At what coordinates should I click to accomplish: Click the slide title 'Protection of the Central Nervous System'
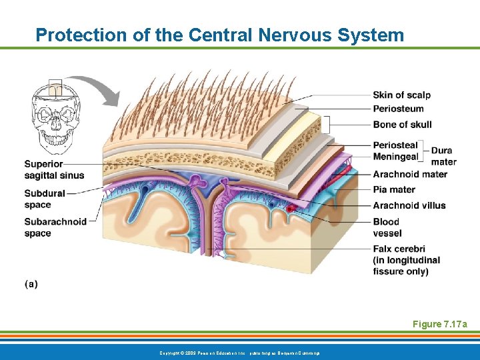219,35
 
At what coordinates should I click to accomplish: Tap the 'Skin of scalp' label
401,95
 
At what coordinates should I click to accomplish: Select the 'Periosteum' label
398,109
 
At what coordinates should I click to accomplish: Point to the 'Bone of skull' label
402,125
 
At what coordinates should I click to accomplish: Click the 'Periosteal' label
395,145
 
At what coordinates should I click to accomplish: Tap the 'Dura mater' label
443,156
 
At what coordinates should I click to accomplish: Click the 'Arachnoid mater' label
410,175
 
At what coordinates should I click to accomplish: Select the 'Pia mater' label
394,189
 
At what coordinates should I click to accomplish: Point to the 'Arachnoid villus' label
409,205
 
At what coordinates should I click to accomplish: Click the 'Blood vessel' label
387,227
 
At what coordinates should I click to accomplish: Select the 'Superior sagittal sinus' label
54,169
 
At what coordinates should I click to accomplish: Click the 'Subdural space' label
45,199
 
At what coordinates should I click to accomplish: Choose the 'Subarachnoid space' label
55,227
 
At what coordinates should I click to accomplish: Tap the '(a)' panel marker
31,284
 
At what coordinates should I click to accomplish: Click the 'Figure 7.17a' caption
439,324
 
